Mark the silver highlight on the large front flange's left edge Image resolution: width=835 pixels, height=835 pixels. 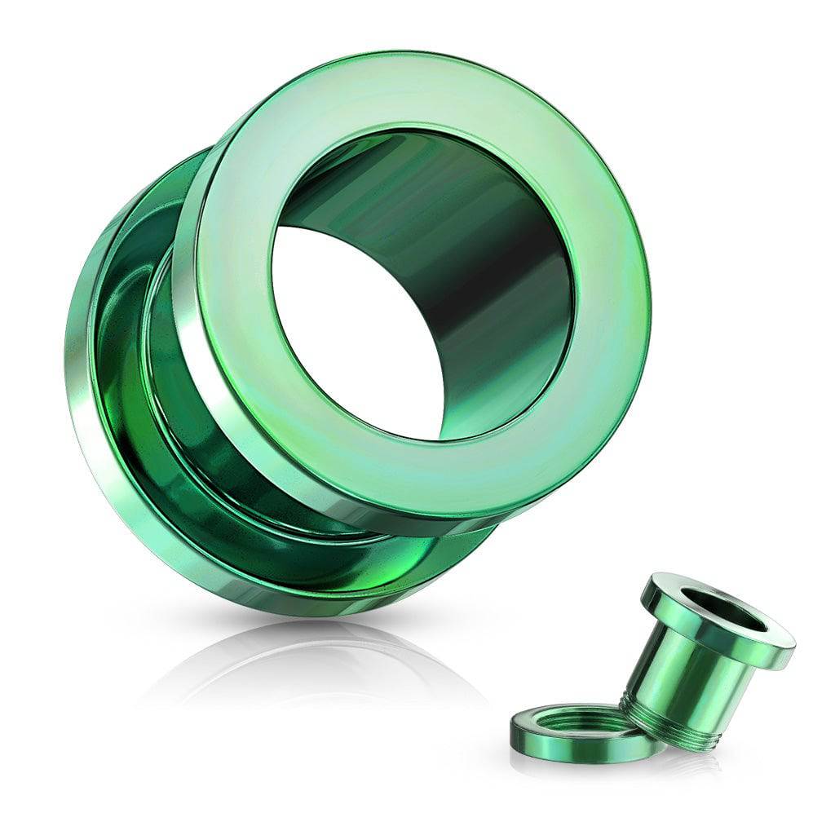coord(189,342)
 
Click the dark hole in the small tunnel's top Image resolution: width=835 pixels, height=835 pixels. coord(718,607)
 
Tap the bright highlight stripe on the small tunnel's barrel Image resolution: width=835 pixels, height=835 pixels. coord(652,669)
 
